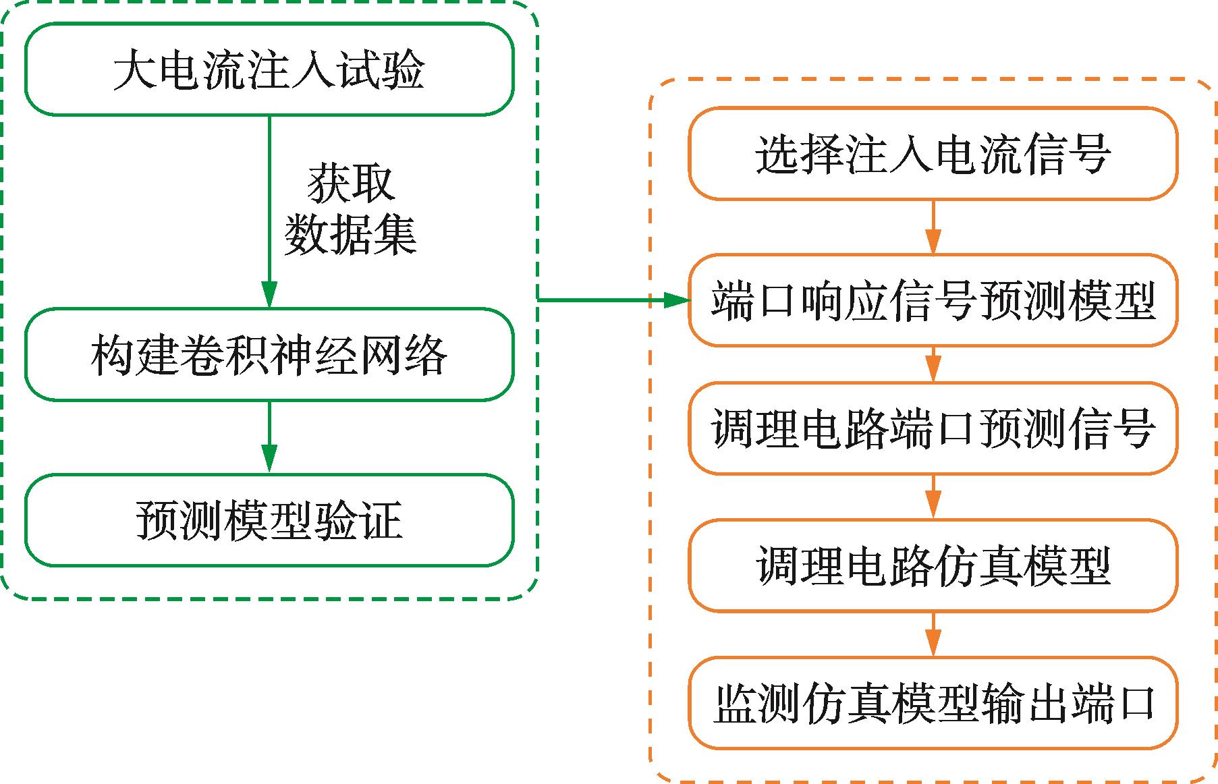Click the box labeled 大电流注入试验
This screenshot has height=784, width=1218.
click(x=269, y=69)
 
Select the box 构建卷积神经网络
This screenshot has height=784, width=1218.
click(x=269, y=355)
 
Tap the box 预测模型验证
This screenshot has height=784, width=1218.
click(x=269, y=520)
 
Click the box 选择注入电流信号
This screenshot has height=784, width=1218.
click(x=933, y=154)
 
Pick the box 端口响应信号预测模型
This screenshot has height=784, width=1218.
click(x=933, y=300)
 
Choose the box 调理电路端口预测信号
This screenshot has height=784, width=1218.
click(x=933, y=428)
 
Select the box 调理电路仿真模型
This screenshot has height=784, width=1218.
click(x=933, y=565)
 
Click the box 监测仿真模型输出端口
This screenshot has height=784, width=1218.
click(x=933, y=703)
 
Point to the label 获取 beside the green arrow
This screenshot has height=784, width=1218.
click(x=351, y=184)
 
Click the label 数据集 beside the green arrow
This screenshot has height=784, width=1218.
click(x=351, y=235)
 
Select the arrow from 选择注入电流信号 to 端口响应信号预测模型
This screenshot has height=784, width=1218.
click(x=933, y=227)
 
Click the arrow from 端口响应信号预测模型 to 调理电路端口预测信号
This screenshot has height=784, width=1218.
click(x=933, y=364)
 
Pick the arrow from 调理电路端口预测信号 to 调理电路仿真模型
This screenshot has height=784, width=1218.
click(x=933, y=497)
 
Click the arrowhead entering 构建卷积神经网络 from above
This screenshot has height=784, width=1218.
click(x=269, y=296)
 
